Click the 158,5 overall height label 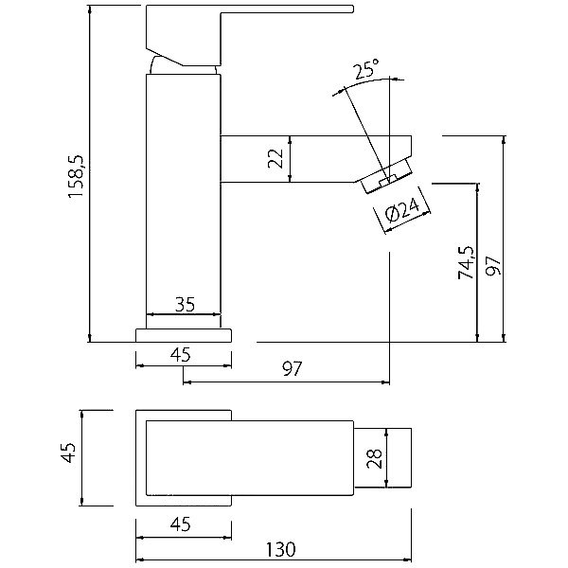click(x=76, y=176)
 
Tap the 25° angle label click(x=366, y=69)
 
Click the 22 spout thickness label click(x=276, y=158)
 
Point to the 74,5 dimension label click(x=466, y=262)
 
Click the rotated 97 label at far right click(x=493, y=266)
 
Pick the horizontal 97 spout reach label click(x=292, y=369)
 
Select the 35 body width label click(x=185, y=304)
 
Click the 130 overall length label click(x=281, y=549)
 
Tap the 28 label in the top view click(x=375, y=458)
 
